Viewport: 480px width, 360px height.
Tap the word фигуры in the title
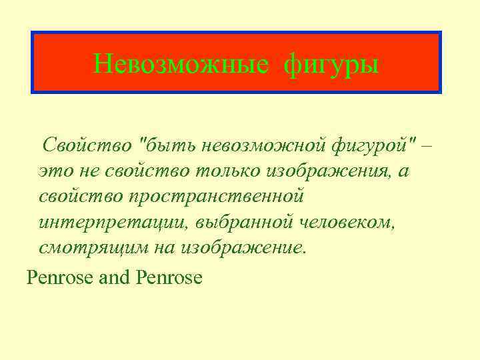tap(331, 65)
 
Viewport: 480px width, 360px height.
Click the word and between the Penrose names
tap(115, 277)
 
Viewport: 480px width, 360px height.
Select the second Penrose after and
tap(169, 277)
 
